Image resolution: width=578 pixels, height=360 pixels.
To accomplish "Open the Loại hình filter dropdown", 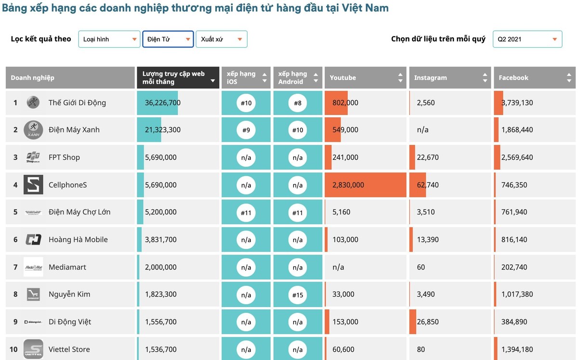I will pos(109,39).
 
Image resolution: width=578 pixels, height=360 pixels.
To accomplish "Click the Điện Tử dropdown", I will pos(168,39).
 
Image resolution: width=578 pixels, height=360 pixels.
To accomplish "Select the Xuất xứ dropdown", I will pos(222,39).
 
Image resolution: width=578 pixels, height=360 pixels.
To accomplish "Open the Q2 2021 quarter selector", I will pos(527,39).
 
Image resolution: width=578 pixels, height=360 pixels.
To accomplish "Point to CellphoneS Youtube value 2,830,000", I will pos(348,185).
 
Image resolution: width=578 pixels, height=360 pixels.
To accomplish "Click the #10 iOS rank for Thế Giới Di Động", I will pos(246,103).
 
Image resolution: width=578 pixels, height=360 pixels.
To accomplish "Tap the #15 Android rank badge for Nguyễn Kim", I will pos(298,295).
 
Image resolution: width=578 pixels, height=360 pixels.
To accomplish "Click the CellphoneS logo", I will pos(33,185).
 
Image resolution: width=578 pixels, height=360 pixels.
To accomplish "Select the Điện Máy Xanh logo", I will pos(33,130).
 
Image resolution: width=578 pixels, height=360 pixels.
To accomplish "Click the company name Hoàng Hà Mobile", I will pos(78,240).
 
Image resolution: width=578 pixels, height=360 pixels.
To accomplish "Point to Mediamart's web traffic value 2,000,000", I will pos(161,267).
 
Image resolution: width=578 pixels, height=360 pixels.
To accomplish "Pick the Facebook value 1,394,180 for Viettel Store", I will pos(517,349).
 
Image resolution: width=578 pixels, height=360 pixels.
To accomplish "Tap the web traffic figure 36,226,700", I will pos(163,103).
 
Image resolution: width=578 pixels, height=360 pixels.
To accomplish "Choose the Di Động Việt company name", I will pos(70,322).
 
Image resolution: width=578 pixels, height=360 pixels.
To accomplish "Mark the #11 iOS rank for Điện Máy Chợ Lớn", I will pos(246,212).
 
